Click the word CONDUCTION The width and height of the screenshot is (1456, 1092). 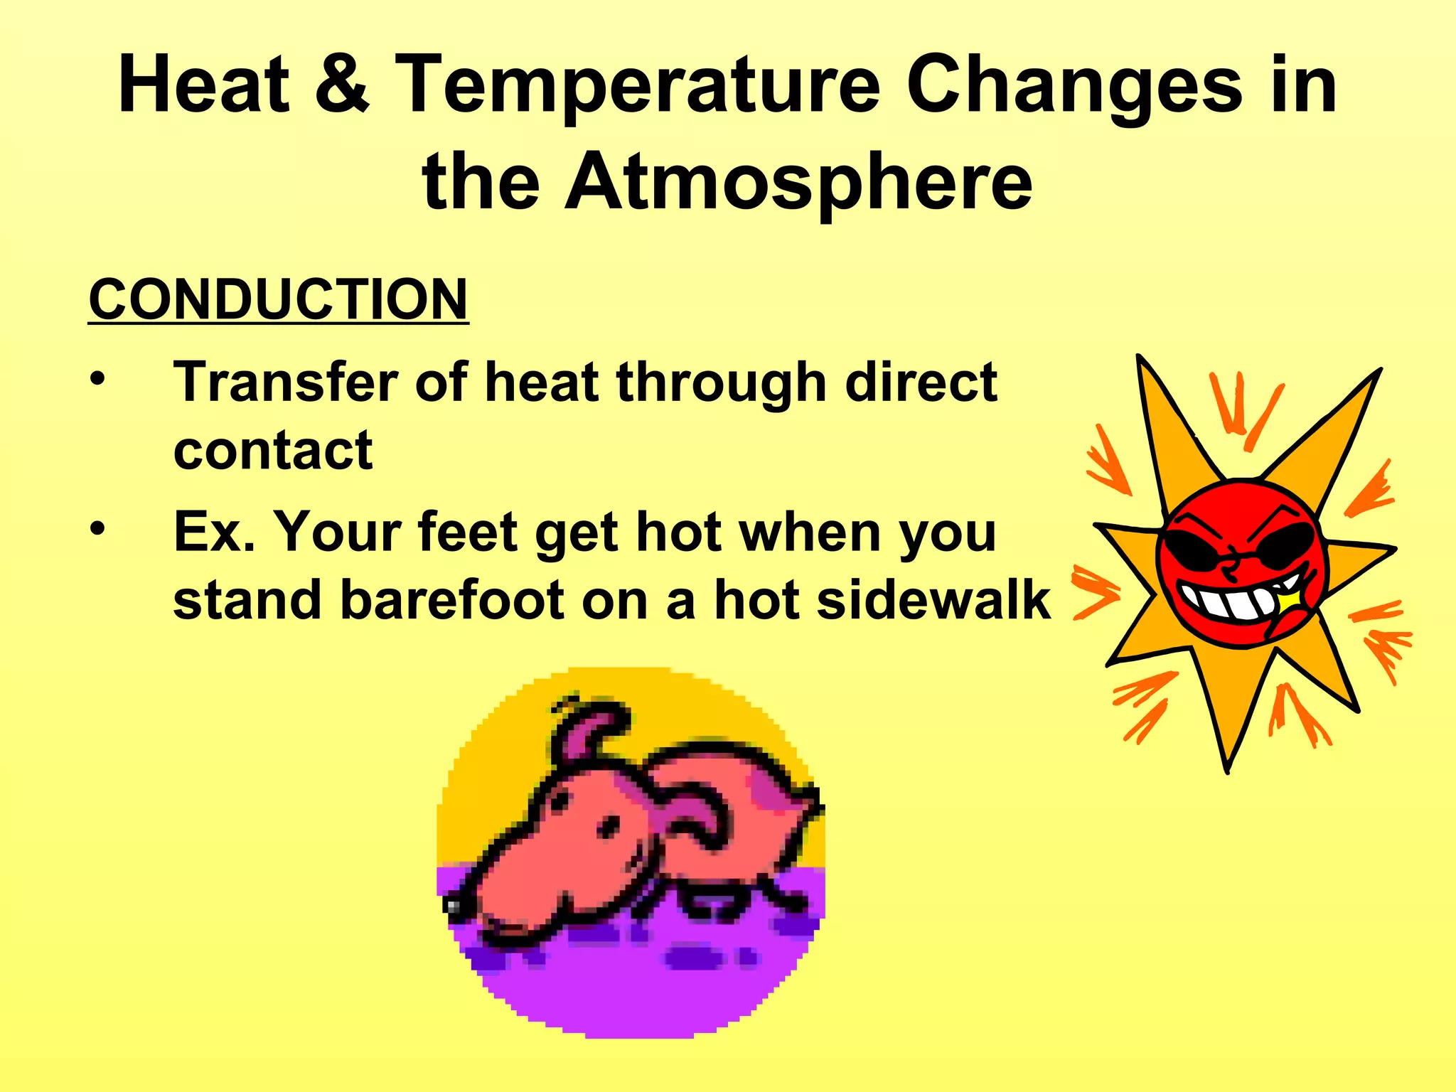(x=278, y=300)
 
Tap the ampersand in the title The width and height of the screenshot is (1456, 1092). (x=342, y=85)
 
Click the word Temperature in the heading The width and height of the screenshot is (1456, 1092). (x=638, y=85)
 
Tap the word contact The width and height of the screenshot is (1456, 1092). (x=273, y=451)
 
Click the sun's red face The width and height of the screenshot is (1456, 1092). (x=1241, y=562)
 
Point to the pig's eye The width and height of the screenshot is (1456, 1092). (x=609, y=827)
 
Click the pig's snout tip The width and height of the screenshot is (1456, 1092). (x=453, y=905)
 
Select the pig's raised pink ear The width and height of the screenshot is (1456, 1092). (x=590, y=732)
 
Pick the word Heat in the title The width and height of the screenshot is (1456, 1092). (x=205, y=85)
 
